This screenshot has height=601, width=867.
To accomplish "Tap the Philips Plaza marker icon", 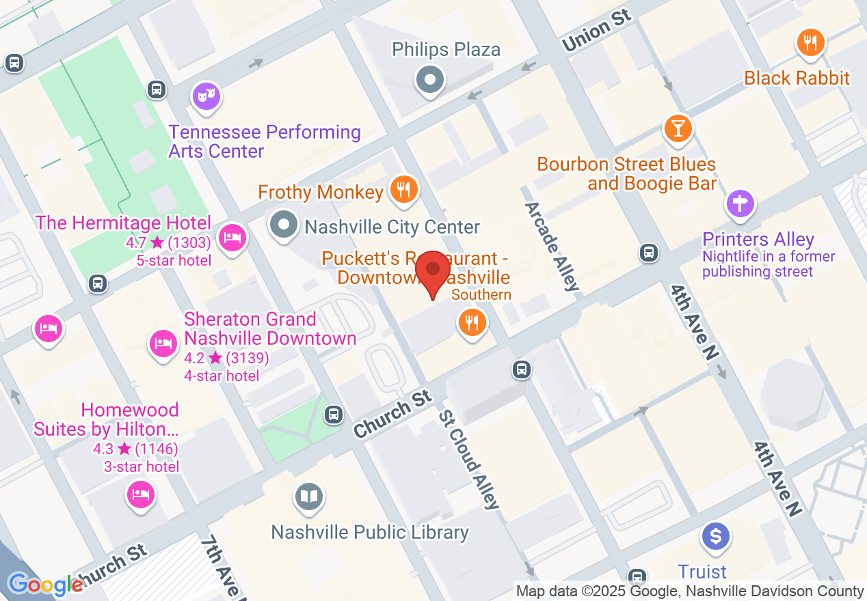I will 430,80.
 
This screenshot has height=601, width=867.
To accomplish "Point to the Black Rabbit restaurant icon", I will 811,43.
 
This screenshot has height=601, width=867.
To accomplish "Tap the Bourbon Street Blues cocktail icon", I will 678,128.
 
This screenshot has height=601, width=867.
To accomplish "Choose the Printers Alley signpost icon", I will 741,204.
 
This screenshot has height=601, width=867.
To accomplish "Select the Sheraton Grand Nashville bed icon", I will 163,343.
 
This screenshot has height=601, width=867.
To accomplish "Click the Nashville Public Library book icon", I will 309,497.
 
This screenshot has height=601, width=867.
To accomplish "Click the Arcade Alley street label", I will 552,246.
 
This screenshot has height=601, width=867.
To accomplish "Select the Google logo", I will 46,584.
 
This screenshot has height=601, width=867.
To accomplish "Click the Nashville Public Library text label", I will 370,532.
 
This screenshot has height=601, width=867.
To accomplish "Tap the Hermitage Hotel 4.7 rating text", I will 168,242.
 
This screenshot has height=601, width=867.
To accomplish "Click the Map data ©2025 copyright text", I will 690,591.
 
